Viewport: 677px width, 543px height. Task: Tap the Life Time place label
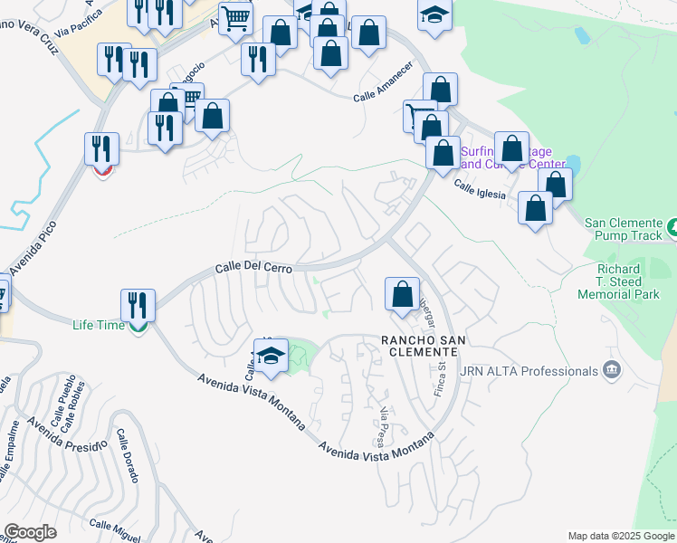coord(99,324)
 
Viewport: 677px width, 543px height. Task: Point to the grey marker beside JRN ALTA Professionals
coord(612,370)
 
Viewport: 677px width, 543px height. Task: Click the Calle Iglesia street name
coord(479,188)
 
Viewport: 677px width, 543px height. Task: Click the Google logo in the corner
coord(30,532)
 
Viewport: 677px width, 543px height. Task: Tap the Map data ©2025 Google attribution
coord(620,536)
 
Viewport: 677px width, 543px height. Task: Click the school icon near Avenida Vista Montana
coord(271,357)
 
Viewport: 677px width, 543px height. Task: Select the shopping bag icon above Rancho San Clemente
coord(402,293)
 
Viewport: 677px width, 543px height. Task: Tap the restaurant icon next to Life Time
coord(138,305)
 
